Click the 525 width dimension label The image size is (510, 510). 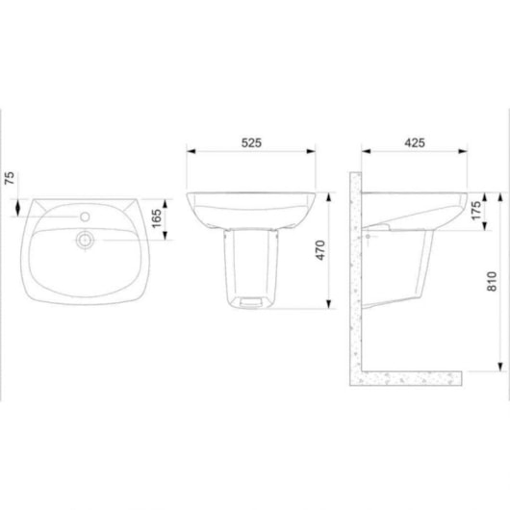pos(251,142)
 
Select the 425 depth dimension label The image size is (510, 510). pos(415,142)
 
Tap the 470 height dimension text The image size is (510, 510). pos(320,250)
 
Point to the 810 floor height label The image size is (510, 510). pos(492,281)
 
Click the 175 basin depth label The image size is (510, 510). pos(476,211)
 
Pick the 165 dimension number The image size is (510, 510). pos(157,218)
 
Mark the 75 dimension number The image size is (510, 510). pos(10,178)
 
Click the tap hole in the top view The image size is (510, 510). pos(85,217)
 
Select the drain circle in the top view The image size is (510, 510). pos(86,241)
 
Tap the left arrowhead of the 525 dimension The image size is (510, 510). pos(191,151)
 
